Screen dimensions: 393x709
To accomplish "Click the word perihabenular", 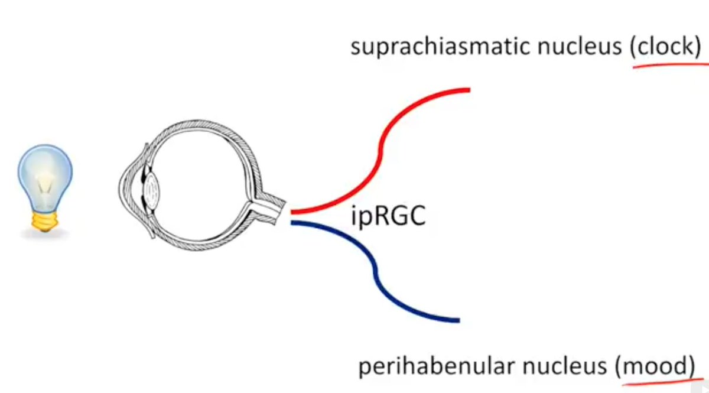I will (x=437, y=367).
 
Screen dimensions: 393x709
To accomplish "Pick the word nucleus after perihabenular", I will (x=564, y=367).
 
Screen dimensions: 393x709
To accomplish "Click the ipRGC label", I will (x=388, y=217).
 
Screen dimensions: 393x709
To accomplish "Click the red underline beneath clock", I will (x=668, y=66).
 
